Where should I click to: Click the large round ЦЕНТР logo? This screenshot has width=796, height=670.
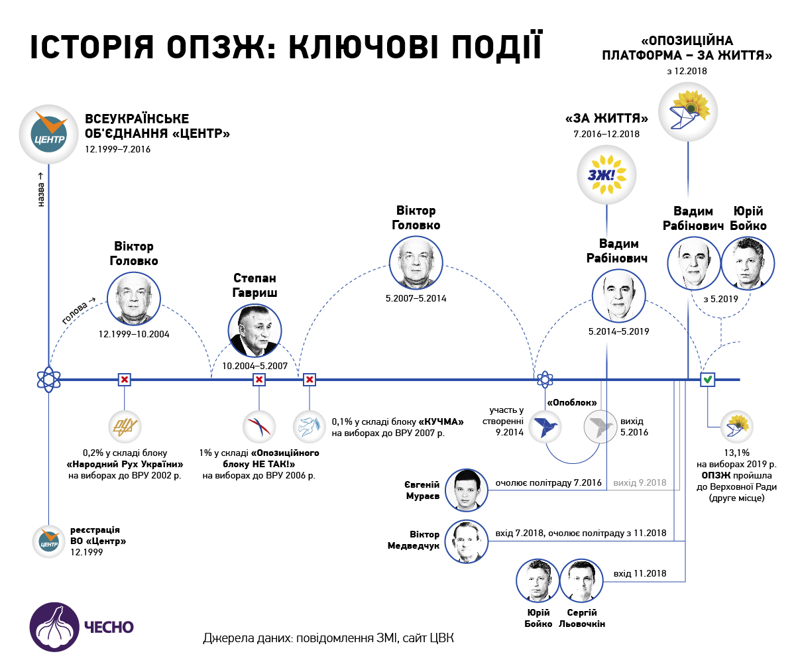[x=48, y=134]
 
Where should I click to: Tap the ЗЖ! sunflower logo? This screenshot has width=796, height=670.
[x=606, y=175]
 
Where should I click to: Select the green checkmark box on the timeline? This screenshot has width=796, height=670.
[x=708, y=380]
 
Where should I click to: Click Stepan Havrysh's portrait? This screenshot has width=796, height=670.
[x=255, y=331]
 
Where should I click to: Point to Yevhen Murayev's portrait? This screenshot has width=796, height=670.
[x=467, y=490]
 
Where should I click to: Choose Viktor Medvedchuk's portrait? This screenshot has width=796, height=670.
[x=467, y=541]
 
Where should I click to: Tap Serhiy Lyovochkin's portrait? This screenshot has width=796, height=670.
[x=581, y=581]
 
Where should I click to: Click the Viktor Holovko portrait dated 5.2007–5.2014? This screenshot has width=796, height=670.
[x=416, y=263]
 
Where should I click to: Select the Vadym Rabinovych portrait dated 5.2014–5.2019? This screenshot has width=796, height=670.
[x=619, y=296]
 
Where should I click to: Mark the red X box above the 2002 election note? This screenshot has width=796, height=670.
[x=125, y=380]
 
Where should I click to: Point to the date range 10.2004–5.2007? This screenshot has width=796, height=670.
[x=255, y=366]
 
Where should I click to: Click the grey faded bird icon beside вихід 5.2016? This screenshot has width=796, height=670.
[x=600, y=427]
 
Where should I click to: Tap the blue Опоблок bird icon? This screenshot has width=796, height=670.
[x=545, y=427]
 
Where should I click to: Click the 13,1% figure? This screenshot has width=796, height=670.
[x=736, y=453]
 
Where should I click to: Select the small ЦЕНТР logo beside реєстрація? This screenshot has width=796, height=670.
[x=49, y=541]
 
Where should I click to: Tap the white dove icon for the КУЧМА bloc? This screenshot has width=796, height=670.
[x=310, y=427]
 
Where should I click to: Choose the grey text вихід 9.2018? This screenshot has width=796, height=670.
[x=640, y=482]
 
